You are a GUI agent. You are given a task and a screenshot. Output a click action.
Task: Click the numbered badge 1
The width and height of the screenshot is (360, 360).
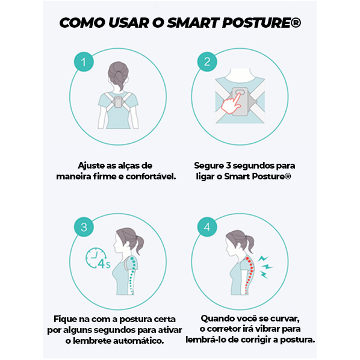(84, 62)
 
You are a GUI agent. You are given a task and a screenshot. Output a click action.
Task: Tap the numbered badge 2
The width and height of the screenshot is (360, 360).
(207, 62)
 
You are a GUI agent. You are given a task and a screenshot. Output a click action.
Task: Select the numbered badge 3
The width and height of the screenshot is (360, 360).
(84, 227)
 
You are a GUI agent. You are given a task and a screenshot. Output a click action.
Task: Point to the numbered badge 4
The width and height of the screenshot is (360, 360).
(207, 227)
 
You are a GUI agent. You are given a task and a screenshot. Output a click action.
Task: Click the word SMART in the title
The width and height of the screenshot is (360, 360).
(193, 23)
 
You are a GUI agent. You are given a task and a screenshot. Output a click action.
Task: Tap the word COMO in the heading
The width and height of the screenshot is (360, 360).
(82, 23)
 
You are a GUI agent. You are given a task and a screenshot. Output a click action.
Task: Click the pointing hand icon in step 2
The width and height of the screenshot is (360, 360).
(231, 104)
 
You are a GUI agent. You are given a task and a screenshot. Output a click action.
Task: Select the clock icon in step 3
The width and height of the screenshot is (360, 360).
(96, 258)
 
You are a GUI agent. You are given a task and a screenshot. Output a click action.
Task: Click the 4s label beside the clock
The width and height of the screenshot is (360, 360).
(104, 263)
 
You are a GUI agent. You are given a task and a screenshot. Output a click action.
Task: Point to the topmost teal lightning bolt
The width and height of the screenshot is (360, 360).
(262, 259)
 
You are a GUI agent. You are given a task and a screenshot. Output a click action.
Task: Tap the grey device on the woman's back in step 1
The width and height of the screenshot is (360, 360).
(118, 102)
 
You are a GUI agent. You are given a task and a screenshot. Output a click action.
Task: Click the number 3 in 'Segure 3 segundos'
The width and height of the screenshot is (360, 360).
(228, 166)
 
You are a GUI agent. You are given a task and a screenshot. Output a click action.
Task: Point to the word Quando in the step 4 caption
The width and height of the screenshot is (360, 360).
(216, 318)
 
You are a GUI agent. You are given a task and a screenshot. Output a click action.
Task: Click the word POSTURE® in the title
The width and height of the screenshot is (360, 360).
(261, 23)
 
